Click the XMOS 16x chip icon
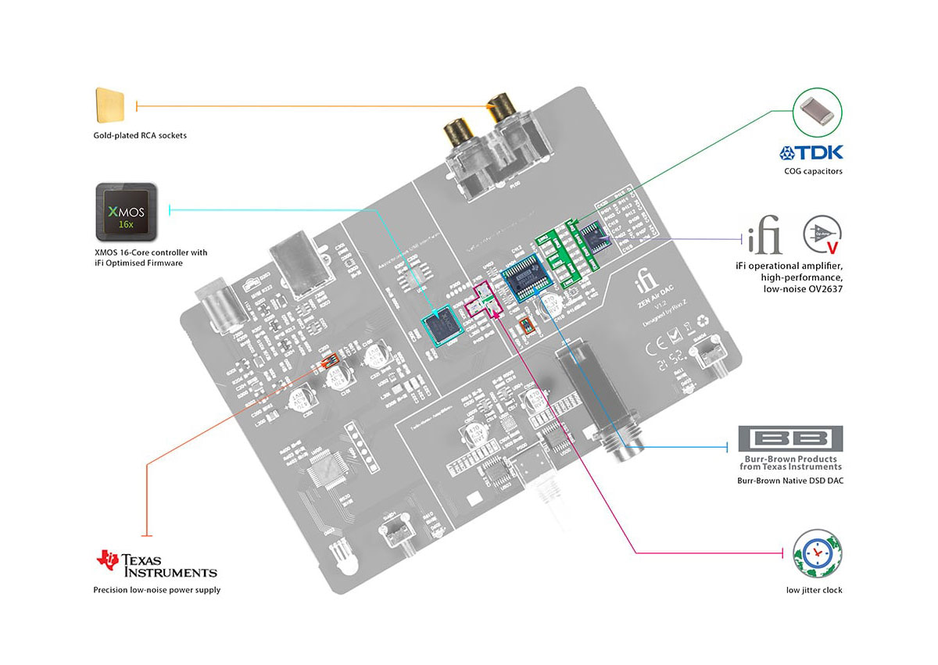pos(126,212)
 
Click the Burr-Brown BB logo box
pos(791,438)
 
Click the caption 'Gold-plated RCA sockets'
pos(139,135)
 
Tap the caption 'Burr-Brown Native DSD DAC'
pos(790,481)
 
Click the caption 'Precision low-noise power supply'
pos(156,590)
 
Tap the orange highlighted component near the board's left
pos(331,360)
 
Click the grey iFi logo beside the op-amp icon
pos(764,234)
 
